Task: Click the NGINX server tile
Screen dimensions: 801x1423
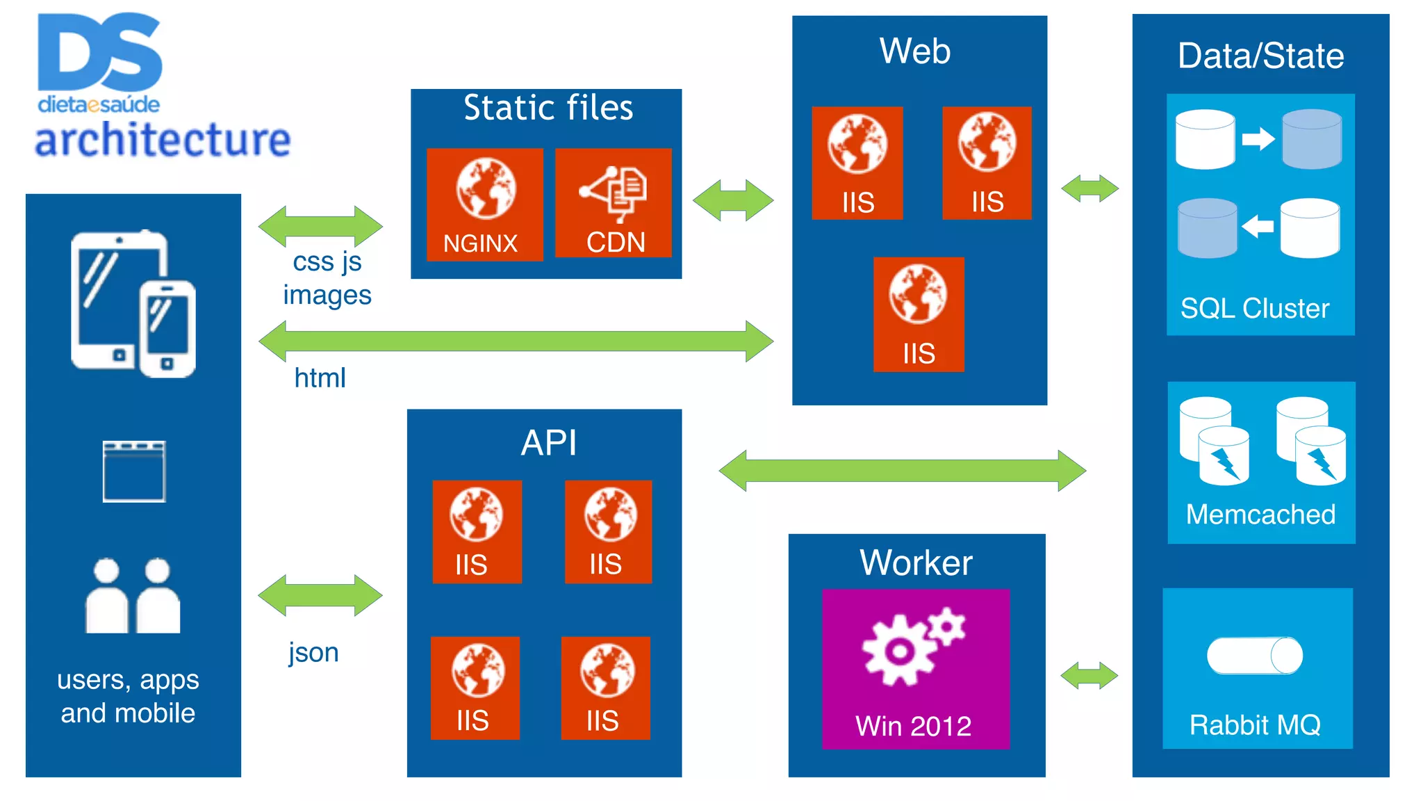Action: coord(484,204)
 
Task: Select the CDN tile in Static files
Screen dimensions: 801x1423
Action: coord(614,203)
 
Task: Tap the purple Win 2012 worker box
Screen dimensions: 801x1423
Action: coord(915,669)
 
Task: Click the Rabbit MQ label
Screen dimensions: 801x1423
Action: coord(1255,725)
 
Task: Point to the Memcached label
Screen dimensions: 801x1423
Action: coord(1260,515)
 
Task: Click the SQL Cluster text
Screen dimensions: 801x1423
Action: coord(1255,308)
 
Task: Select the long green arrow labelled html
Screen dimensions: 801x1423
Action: coord(516,341)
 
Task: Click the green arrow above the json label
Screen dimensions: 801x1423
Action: coord(320,595)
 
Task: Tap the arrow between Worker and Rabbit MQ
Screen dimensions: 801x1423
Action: coord(1089,676)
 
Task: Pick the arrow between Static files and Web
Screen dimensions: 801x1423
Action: coord(733,200)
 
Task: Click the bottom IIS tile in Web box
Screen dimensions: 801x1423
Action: coord(919,314)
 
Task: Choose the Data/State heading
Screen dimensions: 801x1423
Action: coord(1260,56)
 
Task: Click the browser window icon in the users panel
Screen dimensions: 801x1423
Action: coord(134,471)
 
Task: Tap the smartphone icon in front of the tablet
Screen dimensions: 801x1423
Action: coord(167,328)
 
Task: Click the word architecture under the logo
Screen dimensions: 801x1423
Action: coord(163,140)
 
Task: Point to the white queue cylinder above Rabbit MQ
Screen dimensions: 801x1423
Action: coord(1254,655)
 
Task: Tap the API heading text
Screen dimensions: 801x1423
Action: coord(548,443)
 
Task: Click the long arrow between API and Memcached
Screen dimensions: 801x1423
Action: coord(902,471)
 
